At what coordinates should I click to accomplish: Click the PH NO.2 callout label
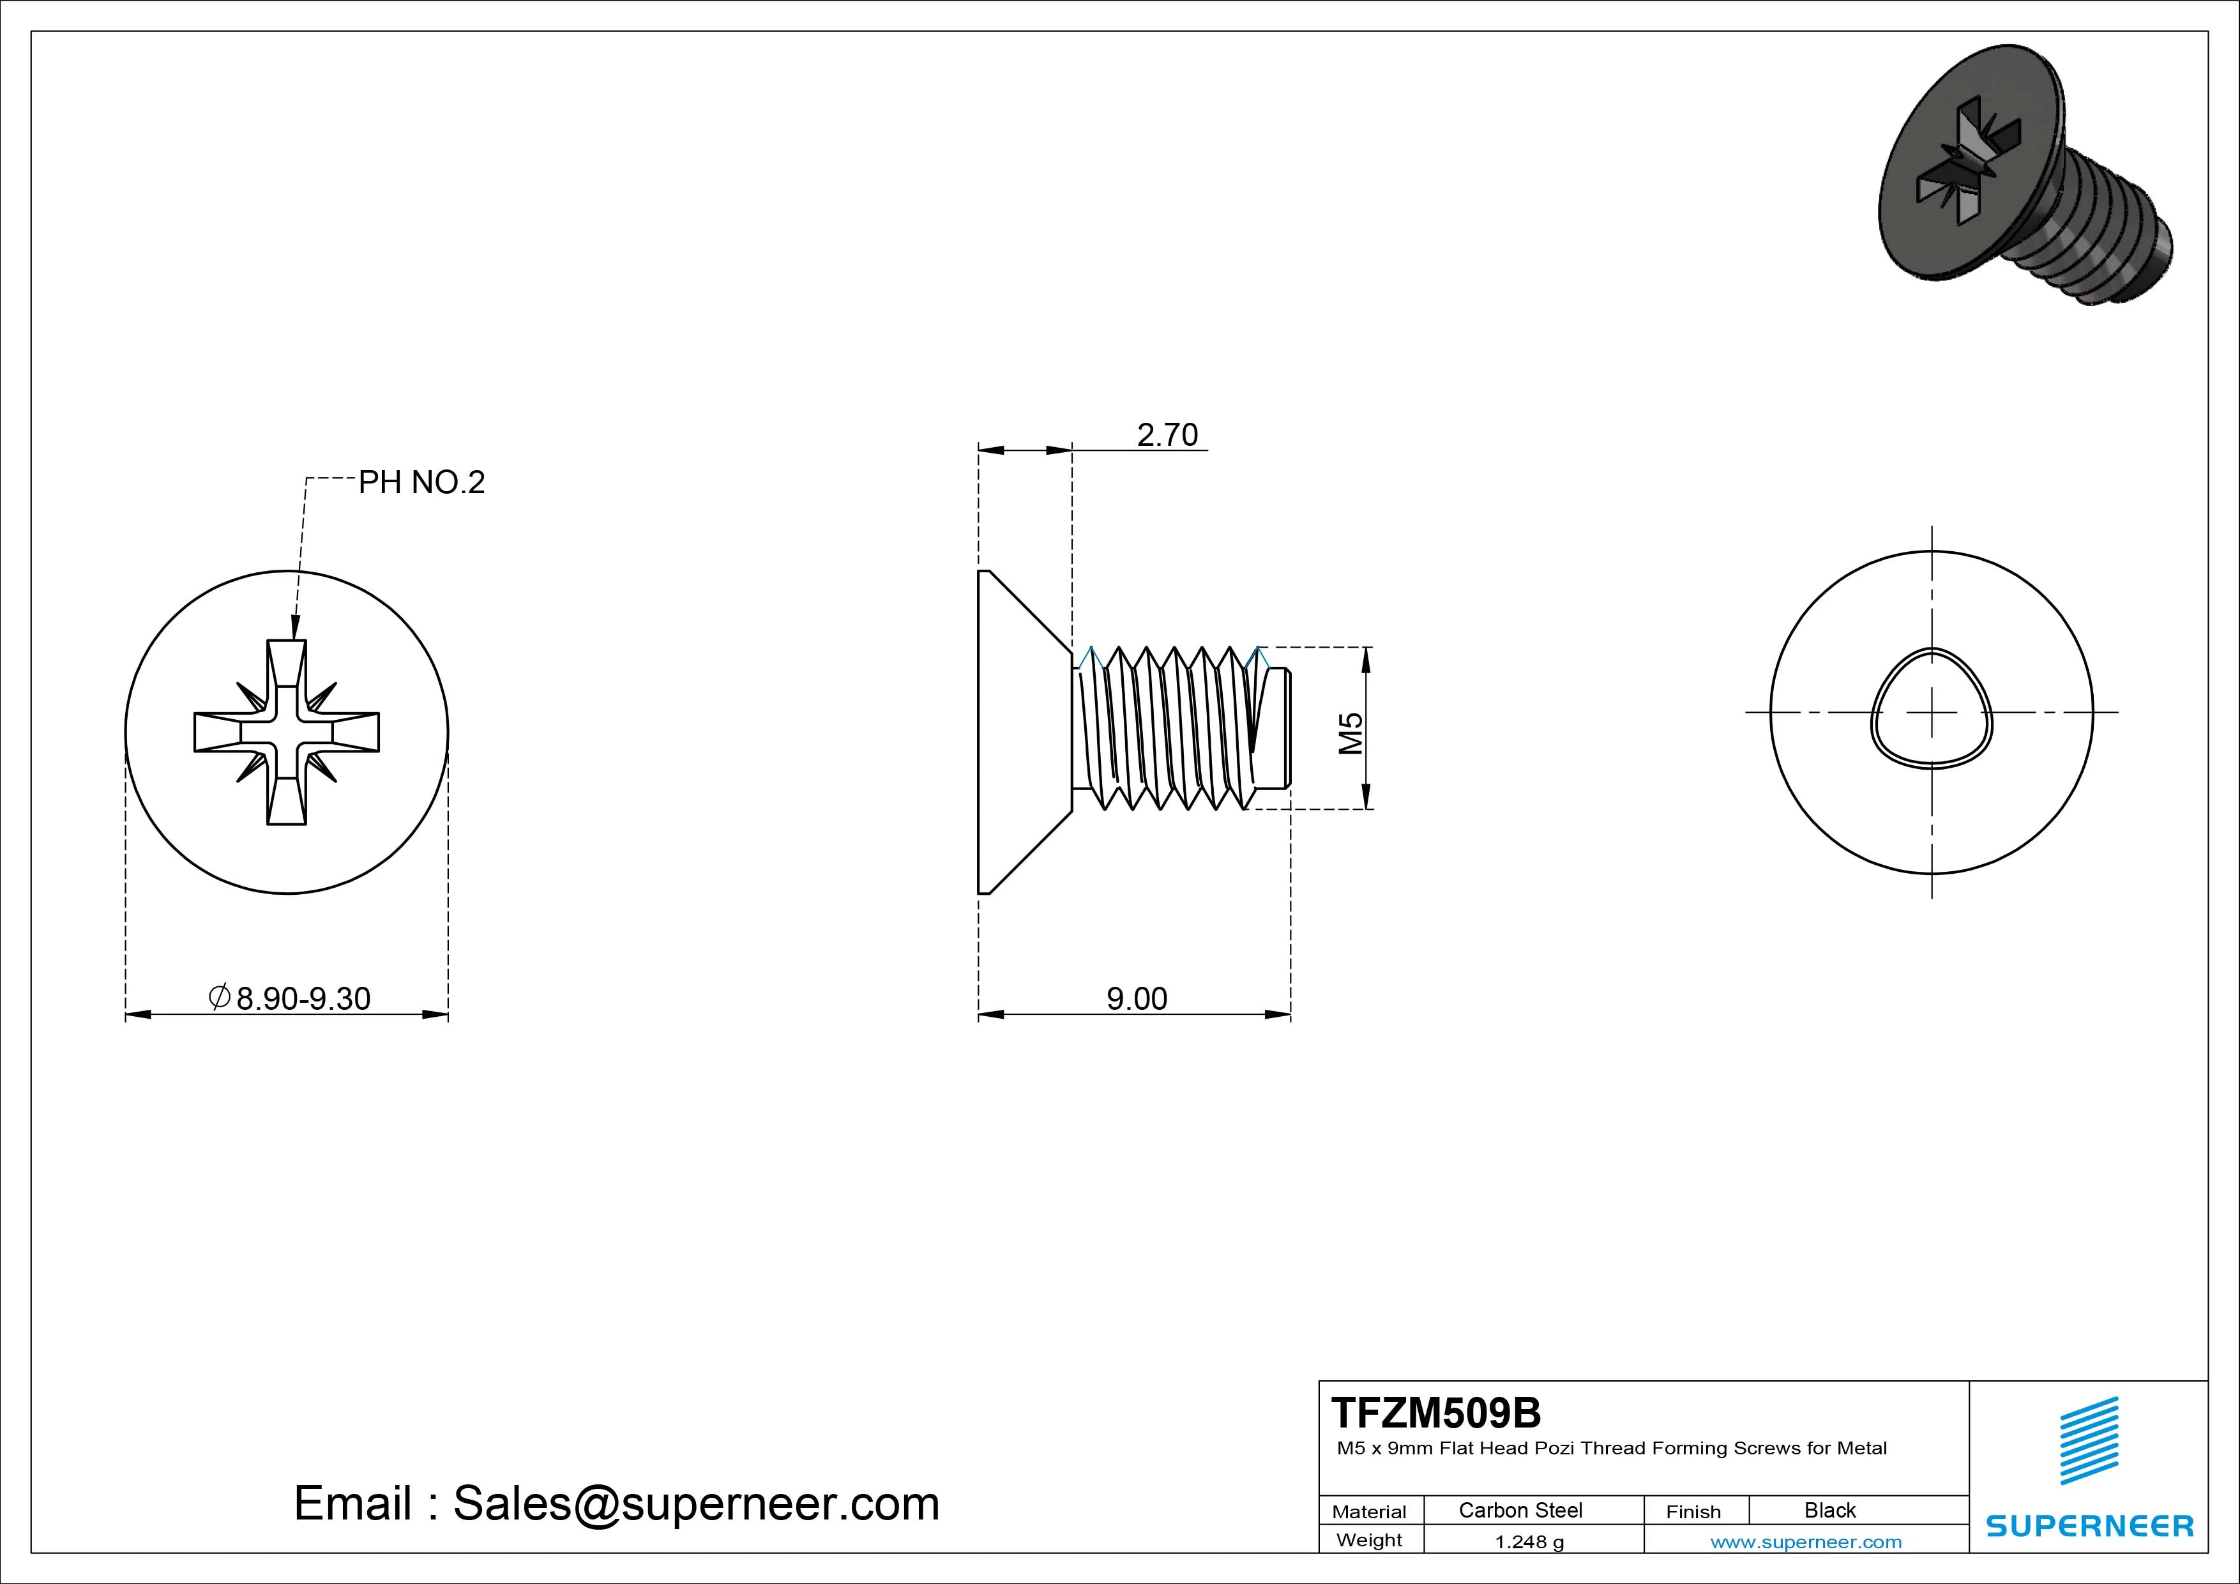(x=421, y=482)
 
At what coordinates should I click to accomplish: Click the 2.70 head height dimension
(x=1167, y=434)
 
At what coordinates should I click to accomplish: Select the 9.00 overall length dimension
(x=1137, y=998)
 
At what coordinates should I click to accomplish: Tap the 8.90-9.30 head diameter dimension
(x=303, y=998)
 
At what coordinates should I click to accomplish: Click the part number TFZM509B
(x=1436, y=1412)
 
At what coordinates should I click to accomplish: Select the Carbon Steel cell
(x=1520, y=1510)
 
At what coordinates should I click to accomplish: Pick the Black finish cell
(x=1829, y=1510)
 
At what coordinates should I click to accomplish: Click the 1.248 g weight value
(x=1529, y=1542)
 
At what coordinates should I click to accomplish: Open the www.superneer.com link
(x=1806, y=1542)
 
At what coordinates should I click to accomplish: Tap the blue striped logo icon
(x=2089, y=1440)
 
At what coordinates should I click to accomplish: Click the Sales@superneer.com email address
(x=695, y=1503)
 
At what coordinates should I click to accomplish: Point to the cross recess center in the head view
(x=287, y=732)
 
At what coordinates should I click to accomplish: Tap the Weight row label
(x=1369, y=1540)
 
